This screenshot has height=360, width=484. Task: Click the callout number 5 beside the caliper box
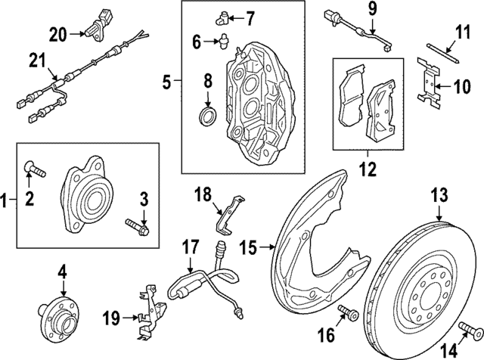tap(169, 79)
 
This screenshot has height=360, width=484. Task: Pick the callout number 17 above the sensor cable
tap(189, 247)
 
